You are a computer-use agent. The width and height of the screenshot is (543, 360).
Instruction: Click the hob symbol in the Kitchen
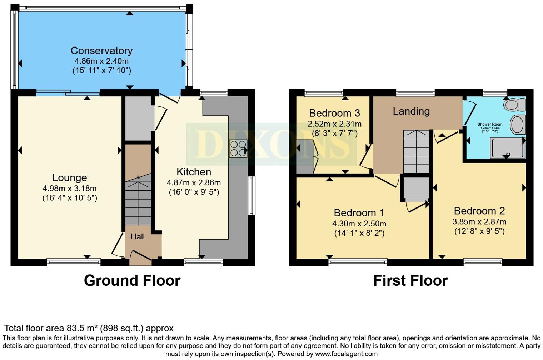click(238, 149)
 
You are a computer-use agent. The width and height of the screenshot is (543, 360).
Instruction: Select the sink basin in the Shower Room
click(518, 125)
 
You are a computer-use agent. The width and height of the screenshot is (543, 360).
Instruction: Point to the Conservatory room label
click(101, 51)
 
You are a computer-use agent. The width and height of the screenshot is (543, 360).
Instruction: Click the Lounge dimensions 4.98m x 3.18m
click(69, 189)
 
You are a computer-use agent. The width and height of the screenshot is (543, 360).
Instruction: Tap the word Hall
click(138, 236)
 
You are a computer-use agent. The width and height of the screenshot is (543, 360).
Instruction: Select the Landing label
click(411, 111)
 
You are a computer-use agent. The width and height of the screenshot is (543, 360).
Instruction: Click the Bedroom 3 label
click(334, 113)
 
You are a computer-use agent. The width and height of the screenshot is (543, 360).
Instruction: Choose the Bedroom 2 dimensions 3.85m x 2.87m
click(479, 222)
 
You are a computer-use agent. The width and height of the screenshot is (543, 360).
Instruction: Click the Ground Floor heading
click(132, 281)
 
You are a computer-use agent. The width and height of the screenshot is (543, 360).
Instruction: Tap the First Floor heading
click(410, 281)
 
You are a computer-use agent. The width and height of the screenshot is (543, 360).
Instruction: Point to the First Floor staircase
click(416, 152)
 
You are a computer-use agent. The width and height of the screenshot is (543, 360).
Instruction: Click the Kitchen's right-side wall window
click(252, 195)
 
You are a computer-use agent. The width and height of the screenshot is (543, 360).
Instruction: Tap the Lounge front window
click(74, 263)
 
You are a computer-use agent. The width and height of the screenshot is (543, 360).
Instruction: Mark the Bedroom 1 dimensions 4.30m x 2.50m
click(359, 224)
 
